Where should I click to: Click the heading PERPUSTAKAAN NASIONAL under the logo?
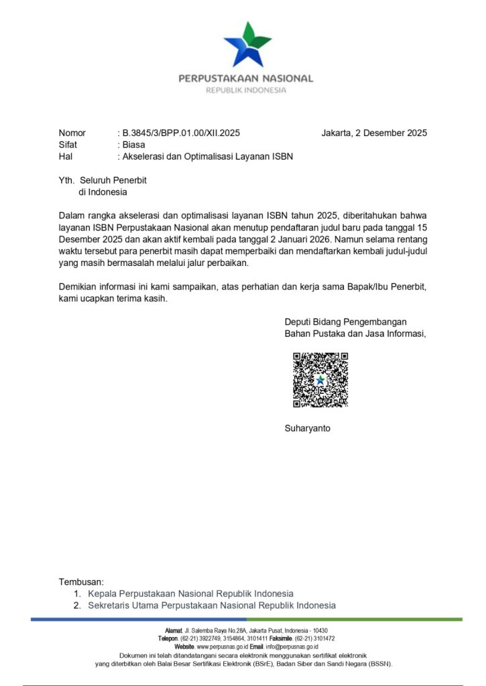(x=245, y=78)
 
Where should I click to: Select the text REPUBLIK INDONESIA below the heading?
(x=245, y=90)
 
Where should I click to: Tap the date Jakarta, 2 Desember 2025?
(x=373, y=133)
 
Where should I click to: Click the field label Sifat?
(x=68, y=145)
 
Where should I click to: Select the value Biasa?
(x=133, y=145)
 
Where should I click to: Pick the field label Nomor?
(x=72, y=133)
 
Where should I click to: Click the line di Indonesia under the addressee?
(x=103, y=192)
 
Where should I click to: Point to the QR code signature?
(x=320, y=380)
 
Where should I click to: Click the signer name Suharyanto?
(x=308, y=428)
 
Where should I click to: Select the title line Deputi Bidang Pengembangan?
(x=345, y=322)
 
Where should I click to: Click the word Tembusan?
(x=81, y=582)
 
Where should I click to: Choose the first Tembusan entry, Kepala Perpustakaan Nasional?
(x=190, y=594)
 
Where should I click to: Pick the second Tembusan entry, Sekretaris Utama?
(x=211, y=606)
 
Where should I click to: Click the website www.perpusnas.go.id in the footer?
(x=223, y=647)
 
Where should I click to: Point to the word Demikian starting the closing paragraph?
(x=78, y=287)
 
